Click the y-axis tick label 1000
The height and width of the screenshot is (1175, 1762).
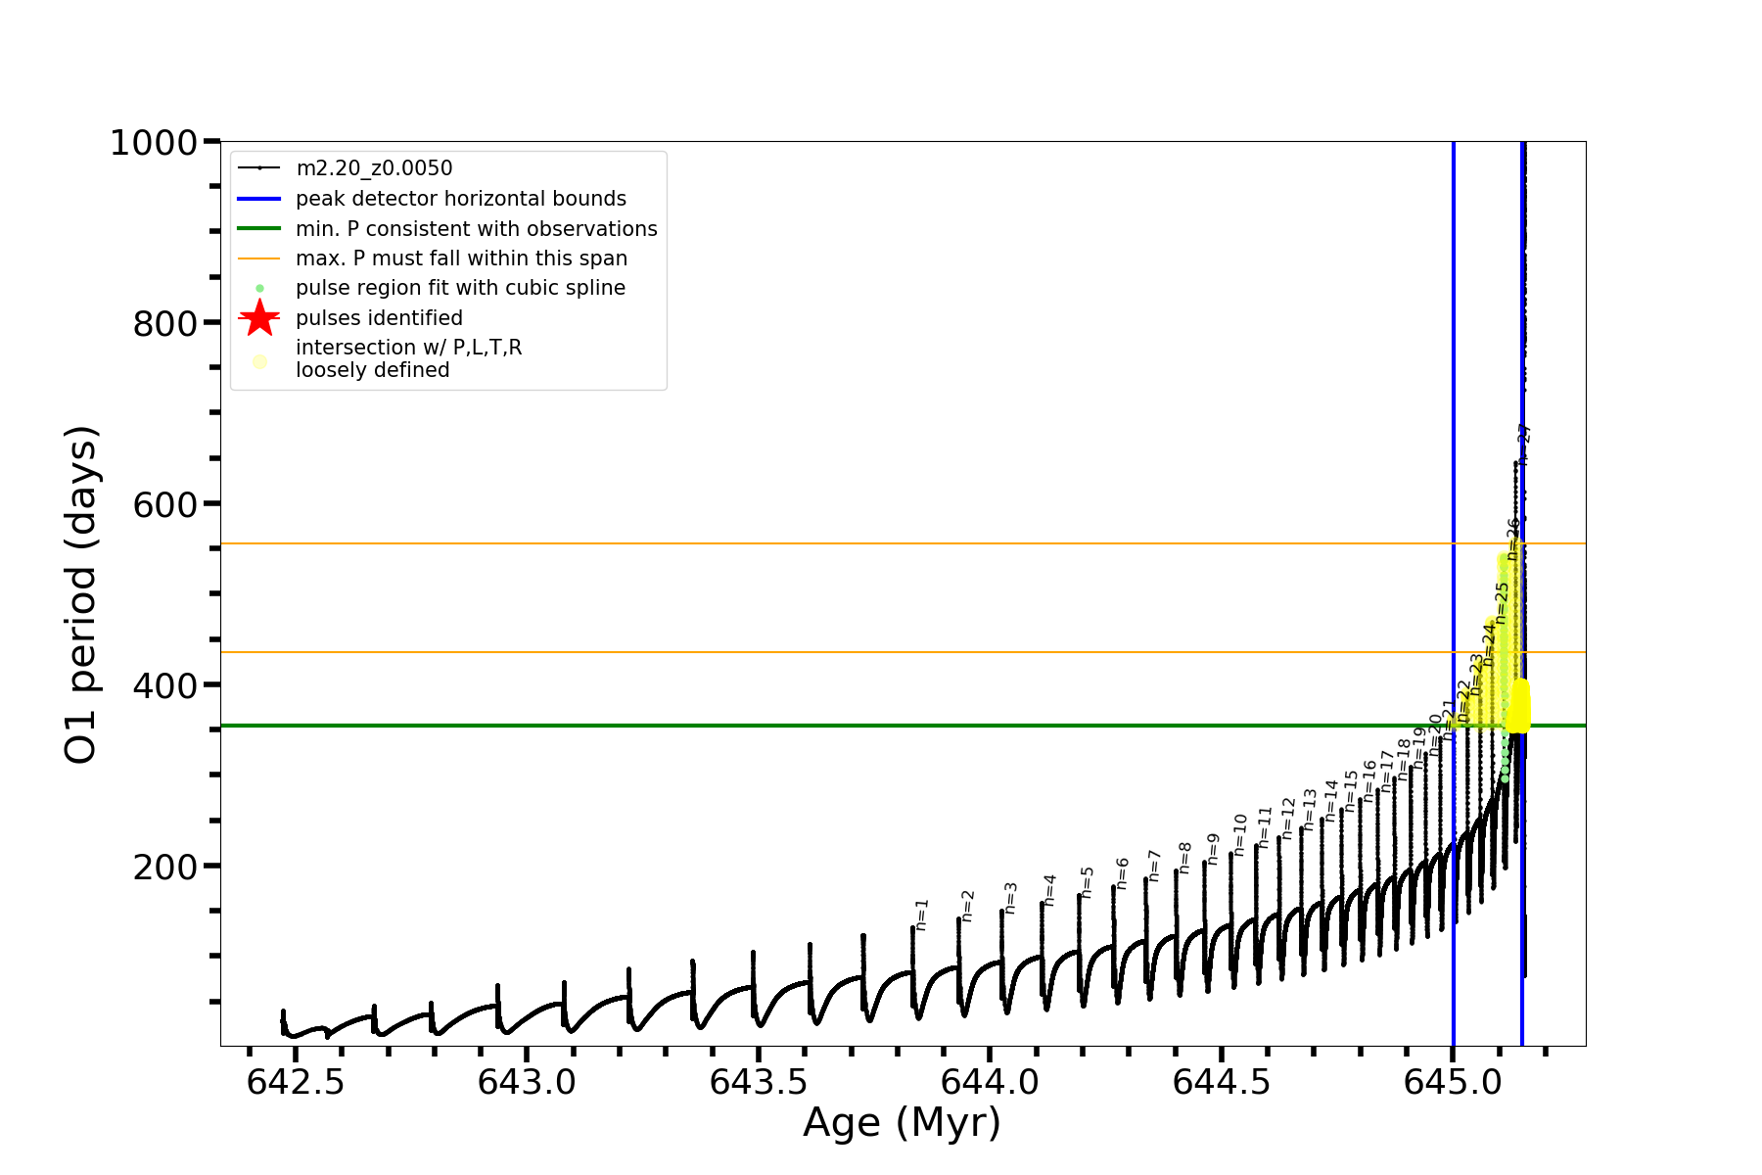click(x=154, y=143)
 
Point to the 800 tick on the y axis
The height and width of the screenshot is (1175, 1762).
click(x=165, y=323)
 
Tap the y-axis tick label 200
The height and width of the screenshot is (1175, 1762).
click(x=165, y=867)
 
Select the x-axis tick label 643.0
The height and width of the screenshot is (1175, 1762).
click(x=528, y=1082)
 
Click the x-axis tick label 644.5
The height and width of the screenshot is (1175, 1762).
click(x=1222, y=1082)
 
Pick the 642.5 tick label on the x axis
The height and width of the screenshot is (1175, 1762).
click(x=296, y=1082)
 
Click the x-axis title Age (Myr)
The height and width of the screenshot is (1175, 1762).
click(x=902, y=1123)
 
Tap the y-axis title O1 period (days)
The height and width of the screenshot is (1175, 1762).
click(x=80, y=594)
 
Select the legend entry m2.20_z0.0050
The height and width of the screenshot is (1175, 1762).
click(x=374, y=168)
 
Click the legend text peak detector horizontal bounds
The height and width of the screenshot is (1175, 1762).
click(x=461, y=199)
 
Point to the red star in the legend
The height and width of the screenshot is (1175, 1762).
click(x=259, y=318)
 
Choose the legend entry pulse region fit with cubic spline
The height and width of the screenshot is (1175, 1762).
click(x=460, y=288)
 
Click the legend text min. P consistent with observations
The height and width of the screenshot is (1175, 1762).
click(x=477, y=229)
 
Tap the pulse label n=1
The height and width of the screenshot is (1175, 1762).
click(x=921, y=915)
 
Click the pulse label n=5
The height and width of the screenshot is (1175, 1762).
click(x=1087, y=881)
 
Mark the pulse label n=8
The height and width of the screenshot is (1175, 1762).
click(x=1184, y=857)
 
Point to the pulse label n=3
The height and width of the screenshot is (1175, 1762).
click(x=1010, y=897)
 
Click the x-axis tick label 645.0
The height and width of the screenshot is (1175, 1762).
click(x=1453, y=1082)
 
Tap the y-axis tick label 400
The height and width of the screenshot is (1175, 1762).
click(x=165, y=685)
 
